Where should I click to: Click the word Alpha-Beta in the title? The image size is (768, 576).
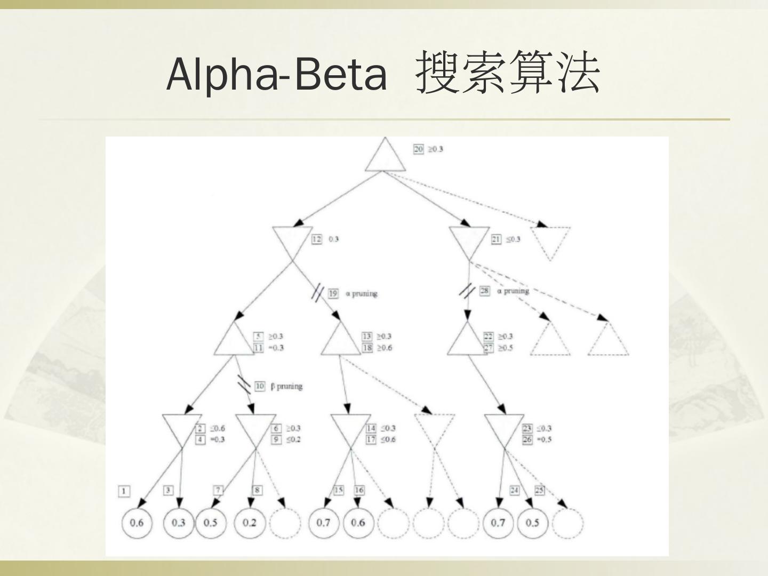click(276, 74)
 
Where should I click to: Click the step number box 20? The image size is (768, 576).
click(419, 149)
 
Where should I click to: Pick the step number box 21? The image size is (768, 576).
click(496, 239)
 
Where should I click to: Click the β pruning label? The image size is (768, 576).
click(286, 386)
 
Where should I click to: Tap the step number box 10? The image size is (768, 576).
click(260, 386)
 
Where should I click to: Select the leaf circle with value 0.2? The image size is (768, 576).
click(250, 522)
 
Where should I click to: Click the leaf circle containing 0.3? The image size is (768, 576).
click(178, 522)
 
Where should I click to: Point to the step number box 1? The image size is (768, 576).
click(124, 491)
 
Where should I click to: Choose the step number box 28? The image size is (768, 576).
click(484, 291)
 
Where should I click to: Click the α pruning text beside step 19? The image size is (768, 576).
click(361, 293)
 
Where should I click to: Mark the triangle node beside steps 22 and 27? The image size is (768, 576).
click(468, 341)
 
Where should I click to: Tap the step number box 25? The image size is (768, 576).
click(540, 490)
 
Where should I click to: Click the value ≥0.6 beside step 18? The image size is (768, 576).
click(384, 348)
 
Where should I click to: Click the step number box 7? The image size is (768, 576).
click(218, 490)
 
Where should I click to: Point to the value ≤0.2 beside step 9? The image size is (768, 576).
click(293, 439)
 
